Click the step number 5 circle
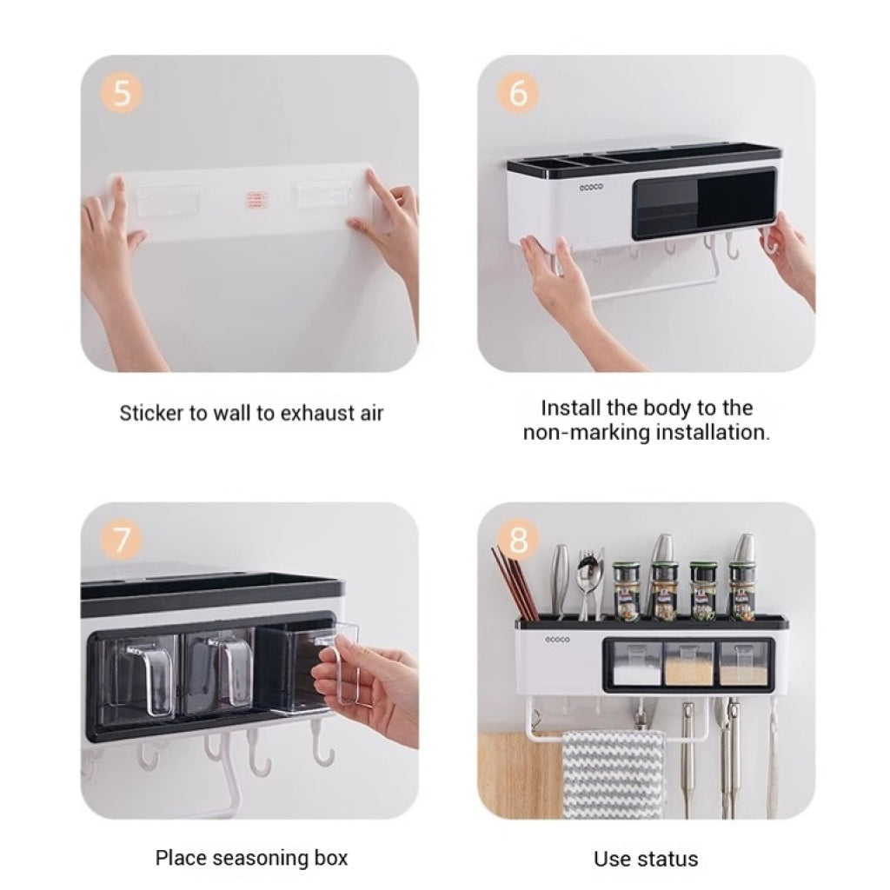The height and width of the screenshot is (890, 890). click(122, 92)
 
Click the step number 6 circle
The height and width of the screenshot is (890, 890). click(518, 92)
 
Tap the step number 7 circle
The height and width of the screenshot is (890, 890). click(122, 539)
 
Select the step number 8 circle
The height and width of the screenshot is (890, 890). click(518, 539)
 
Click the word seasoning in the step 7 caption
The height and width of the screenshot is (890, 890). click(256, 859)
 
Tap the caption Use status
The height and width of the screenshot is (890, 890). click(646, 859)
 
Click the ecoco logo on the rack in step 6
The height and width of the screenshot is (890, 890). click(591, 187)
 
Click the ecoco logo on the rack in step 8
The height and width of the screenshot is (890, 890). click(557, 640)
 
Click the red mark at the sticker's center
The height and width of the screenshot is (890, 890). click(256, 199)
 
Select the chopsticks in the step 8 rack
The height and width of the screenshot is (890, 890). click(515, 583)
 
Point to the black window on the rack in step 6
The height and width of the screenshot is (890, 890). click(704, 203)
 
